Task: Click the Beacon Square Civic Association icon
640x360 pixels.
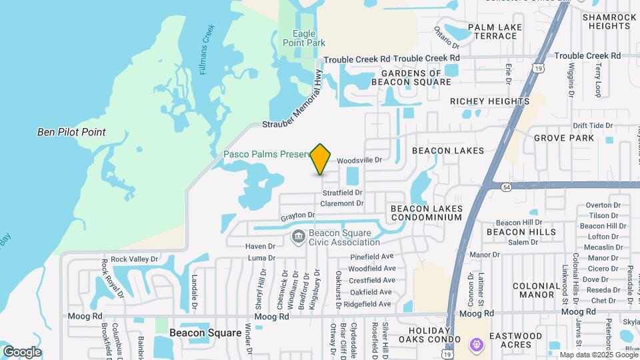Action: pyautogui.click(x=298, y=235)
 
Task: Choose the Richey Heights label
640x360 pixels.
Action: pyautogui.click(x=489, y=101)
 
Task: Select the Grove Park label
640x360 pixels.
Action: pyautogui.click(x=563, y=138)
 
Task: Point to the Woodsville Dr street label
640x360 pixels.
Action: pyautogui.click(x=359, y=161)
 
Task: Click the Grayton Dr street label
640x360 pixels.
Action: pyautogui.click(x=297, y=215)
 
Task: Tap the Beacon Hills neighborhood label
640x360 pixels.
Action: pyautogui.click(x=521, y=232)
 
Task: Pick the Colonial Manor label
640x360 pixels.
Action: pyautogui.click(x=537, y=290)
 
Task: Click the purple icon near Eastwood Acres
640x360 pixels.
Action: pyautogui.click(x=476, y=345)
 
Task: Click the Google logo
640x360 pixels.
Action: pyautogui.click(x=22, y=352)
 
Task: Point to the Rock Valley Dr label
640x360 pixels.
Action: pyautogui.click(x=134, y=259)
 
